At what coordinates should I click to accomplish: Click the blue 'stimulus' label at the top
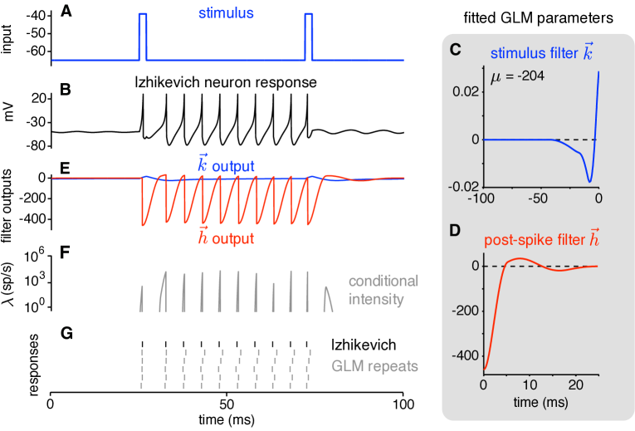(x=226, y=13)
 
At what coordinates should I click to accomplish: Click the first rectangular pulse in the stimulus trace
(x=143, y=37)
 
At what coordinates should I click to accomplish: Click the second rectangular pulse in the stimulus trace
(x=309, y=37)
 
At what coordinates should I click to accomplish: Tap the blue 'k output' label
(x=226, y=166)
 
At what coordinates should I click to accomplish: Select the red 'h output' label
(x=226, y=238)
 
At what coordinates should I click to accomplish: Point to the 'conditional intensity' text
(x=383, y=290)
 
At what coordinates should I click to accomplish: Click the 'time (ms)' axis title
(x=540, y=403)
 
